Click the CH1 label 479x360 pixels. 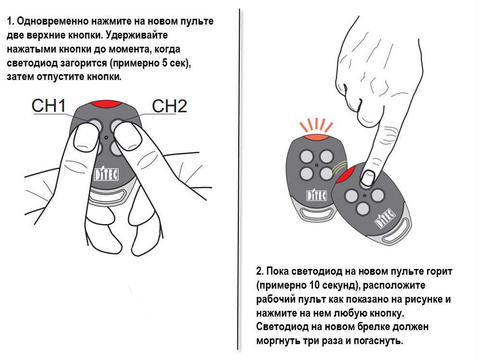[x=49, y=106]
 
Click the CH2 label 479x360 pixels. [x=169, y=106]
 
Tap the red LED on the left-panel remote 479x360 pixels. [x=106, y=104]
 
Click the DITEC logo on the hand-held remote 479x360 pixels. [x=106, y=174]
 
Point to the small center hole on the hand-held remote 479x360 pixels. [x=106, y=138]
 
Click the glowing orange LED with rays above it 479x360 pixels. [x=316, y=137]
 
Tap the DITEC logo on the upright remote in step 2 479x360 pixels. [x=316, y=195]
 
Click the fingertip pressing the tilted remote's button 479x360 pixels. [x=367, y=178]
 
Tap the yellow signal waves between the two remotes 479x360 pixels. [x=340, y=168]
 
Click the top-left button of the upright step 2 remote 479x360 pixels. [x=306, y=156]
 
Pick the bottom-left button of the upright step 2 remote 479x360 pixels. [x=306, y=173]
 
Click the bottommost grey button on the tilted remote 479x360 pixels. [x=363, y=209]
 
